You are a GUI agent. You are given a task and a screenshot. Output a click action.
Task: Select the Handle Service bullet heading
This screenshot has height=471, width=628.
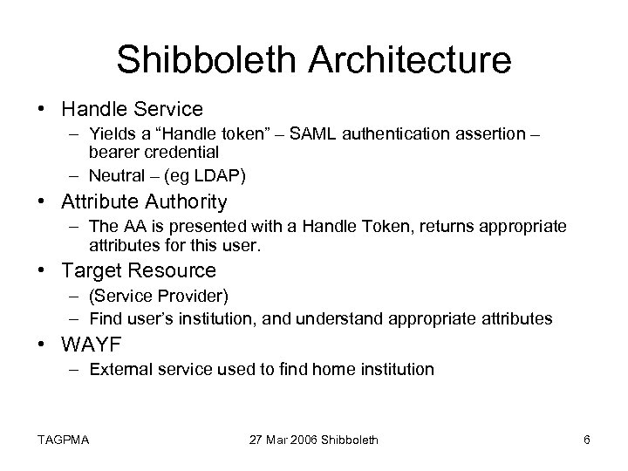pyautogui.click(x=132, y=109)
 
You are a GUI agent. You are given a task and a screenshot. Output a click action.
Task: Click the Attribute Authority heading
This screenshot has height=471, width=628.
pyautogui.click(x=144, y=202)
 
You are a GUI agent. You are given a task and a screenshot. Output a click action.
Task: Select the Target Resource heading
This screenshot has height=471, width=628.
pyautogui.click(x=139, y=271)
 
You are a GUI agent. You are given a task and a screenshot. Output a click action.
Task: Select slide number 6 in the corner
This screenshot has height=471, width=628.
pyautogui.click(x=587, y=440)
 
